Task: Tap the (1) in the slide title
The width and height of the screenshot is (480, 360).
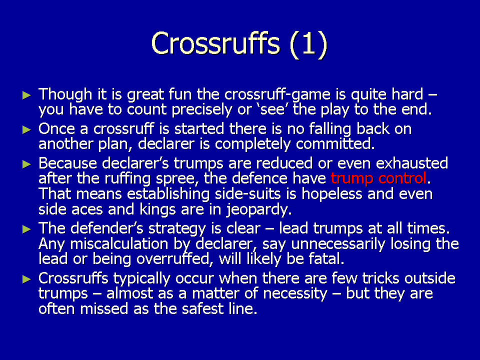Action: (308, 44)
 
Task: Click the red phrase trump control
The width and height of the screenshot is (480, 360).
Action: (378, 178)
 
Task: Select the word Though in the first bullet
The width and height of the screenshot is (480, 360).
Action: (65, 94)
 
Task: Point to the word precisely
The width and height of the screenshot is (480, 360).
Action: (201, 110)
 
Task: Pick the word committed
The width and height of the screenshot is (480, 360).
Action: (335, 143)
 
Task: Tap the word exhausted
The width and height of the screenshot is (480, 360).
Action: (411, 163)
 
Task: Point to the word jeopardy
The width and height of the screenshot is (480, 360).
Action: (259, 210)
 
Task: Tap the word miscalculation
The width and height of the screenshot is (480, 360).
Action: (119, 243)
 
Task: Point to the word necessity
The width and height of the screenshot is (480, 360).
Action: (295, 294)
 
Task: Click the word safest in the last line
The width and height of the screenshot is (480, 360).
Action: (202, 308)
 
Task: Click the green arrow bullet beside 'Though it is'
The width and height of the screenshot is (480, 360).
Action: (27, 95)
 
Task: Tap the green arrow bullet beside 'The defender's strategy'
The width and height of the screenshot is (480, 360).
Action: (27, 229)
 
